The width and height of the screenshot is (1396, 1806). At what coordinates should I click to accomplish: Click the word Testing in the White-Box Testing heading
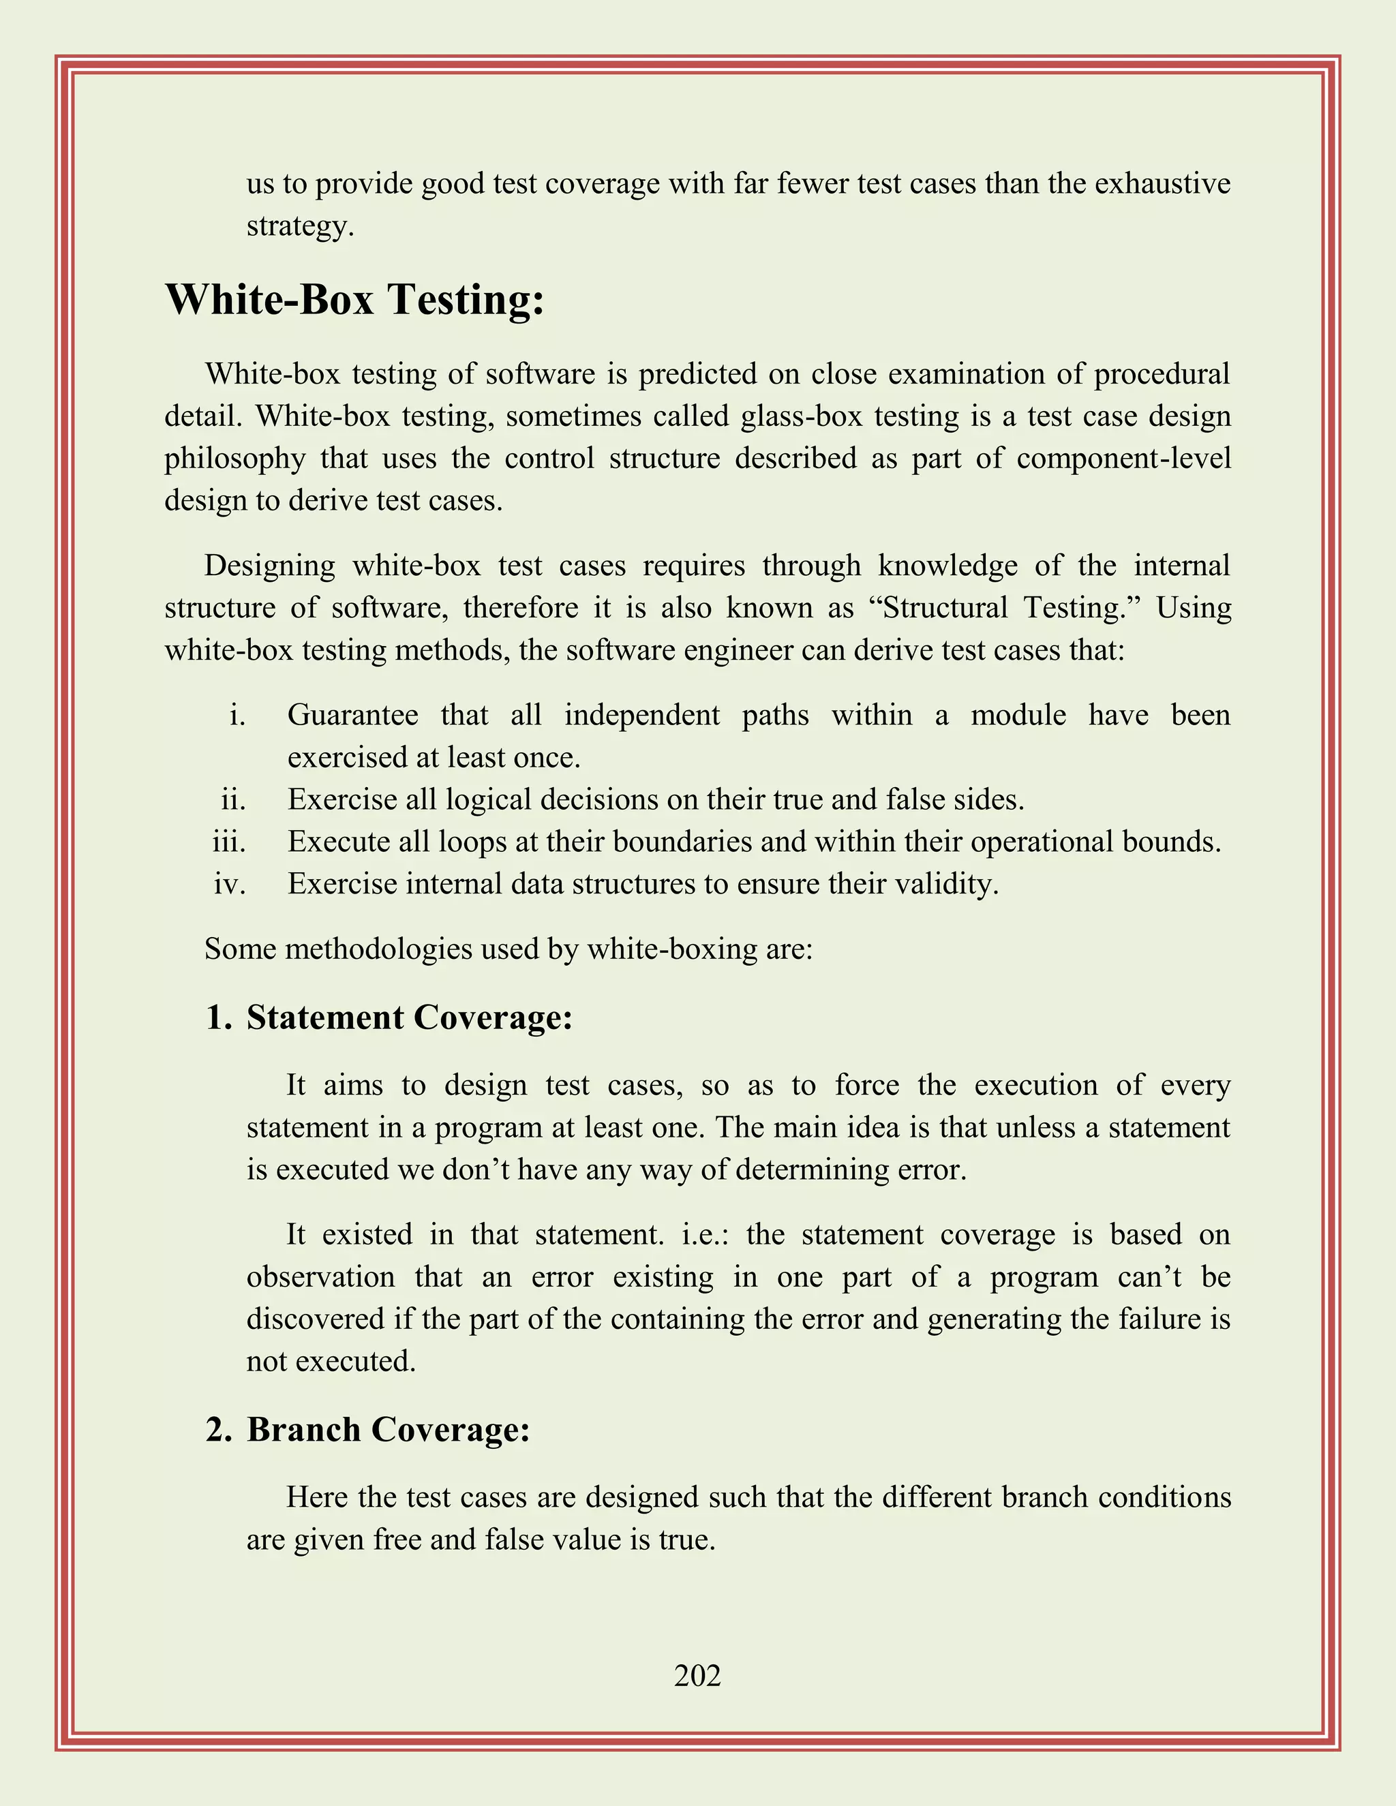point(466,299)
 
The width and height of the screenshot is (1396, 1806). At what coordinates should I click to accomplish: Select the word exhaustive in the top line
point(1162,183)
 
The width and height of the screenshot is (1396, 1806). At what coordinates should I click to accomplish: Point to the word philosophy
point(235,459)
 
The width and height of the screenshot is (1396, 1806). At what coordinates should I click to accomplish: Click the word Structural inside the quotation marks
point(945,608)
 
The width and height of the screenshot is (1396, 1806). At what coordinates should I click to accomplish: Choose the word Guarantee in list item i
point(352,714)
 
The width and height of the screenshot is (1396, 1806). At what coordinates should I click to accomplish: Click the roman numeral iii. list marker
point(229,842)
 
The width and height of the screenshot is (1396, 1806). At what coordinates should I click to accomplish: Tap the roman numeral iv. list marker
point(229,884)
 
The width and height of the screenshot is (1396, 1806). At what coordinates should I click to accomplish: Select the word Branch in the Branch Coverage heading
point(303,1430)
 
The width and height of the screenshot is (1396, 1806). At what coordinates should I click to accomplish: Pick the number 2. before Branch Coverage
point(219,1430)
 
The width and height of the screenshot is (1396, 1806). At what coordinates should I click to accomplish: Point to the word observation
point(320,1276)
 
